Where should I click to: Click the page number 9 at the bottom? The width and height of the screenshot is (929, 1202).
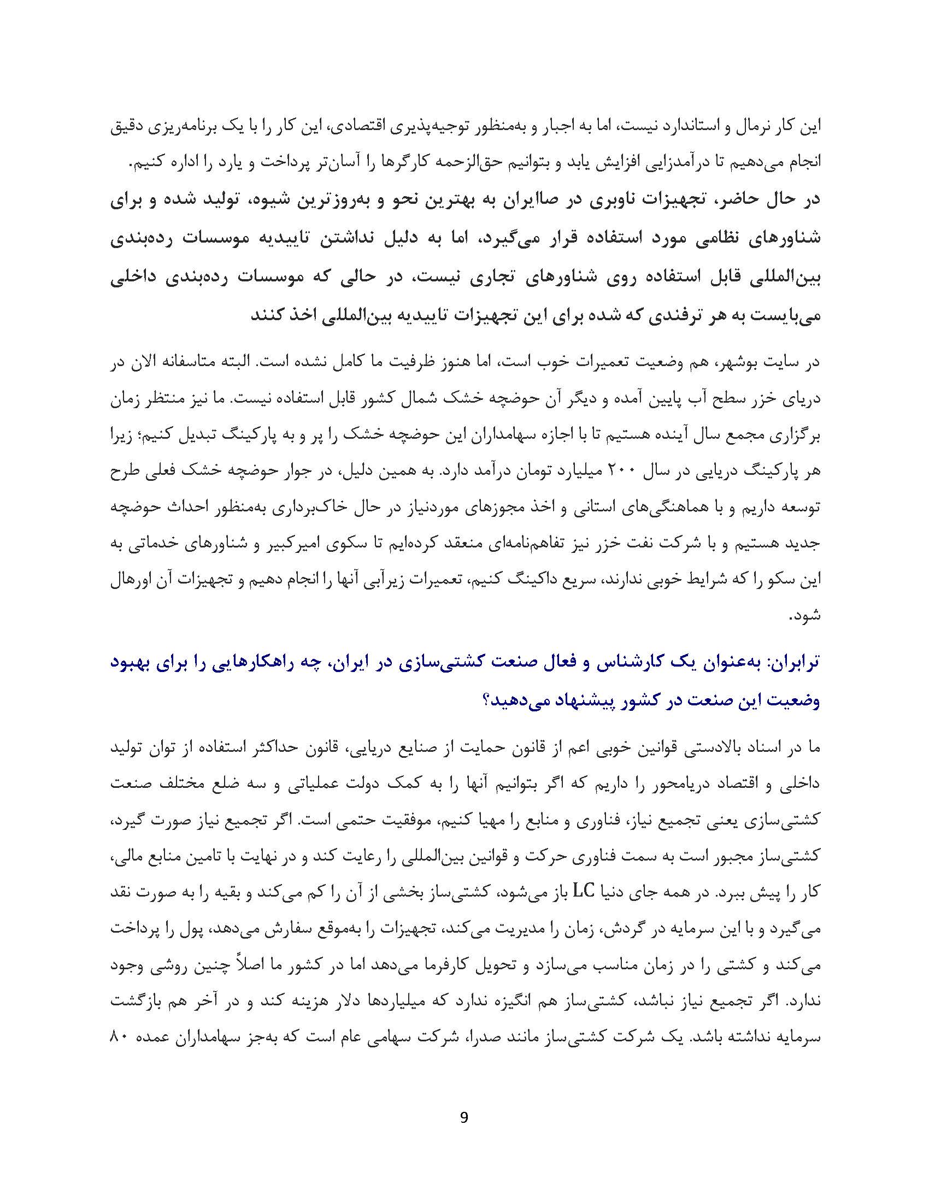pos(463,1117)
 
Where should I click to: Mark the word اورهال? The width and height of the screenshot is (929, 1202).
pos(132,580)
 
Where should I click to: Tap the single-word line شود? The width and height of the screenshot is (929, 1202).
pos(804,616)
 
